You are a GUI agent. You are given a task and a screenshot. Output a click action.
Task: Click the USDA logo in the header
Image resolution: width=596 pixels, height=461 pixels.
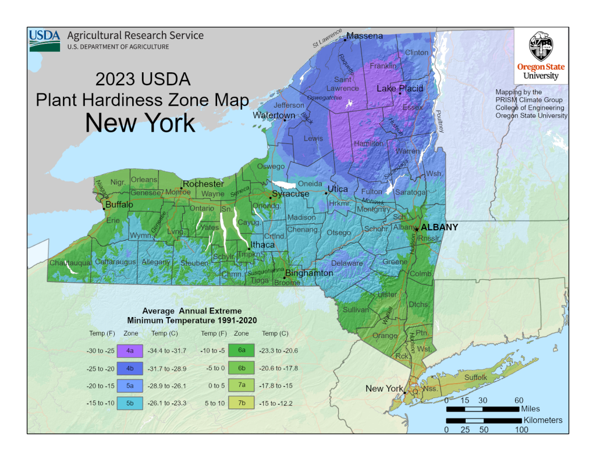pyautogui.click(x=45, y=40)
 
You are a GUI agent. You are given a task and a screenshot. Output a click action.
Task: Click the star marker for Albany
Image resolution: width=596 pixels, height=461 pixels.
pyautogui.click(x=416, y=228)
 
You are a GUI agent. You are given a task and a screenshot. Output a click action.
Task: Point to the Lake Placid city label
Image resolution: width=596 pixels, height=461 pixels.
pyautogui.click(x=400, y=89)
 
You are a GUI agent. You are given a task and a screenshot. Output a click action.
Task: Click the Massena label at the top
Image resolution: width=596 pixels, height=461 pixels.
pyautogui.click(x=365, y=36)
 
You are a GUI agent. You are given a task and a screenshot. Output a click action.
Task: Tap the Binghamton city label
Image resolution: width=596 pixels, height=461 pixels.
pyautogui.click(x=309, y=273)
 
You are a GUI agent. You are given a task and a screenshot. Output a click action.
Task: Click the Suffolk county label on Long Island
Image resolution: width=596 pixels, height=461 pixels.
pyautogui.click(x=476, y=378)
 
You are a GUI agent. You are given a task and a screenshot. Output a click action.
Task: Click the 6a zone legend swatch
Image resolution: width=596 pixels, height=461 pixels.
pyautogui.click(x=241, y=351)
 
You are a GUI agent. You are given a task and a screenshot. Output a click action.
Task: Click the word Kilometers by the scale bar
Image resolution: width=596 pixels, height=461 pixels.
pyautogui.click(x=543, y=420)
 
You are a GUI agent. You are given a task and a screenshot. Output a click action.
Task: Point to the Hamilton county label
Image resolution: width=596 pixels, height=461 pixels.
pyautogui.click(x=369, y=143)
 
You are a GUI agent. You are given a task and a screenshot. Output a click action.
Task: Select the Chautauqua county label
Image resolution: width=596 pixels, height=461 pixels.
pyautogui.click(x=69, y=263)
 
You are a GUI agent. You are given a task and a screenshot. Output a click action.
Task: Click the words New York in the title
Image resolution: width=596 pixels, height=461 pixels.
pyautogui.click(x=140, y=123)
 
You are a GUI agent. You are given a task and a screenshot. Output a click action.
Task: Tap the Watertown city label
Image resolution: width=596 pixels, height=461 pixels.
pyautogui.click(x=274, y=115)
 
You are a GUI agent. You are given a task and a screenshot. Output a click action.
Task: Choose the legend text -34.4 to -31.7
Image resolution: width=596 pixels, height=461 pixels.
pyautogui.click(x=168, y=351)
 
